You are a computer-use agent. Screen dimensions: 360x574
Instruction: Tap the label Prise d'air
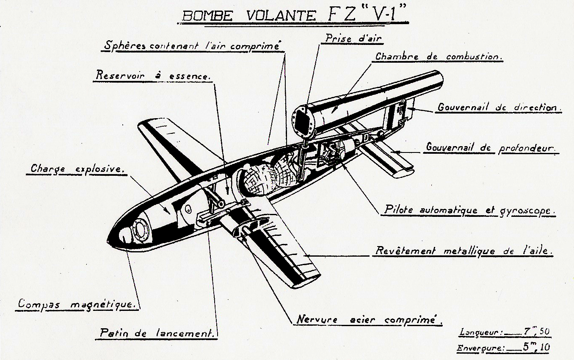click(353, 38)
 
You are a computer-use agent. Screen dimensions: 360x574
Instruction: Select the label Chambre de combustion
click(439, 57)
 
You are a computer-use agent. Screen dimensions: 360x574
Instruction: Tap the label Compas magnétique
click(77, 304)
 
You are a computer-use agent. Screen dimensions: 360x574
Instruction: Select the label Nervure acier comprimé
click(367, 319)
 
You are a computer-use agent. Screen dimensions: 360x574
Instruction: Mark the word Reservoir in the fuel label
click(120, 76)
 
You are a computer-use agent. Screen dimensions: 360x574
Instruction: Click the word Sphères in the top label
click(123, 45)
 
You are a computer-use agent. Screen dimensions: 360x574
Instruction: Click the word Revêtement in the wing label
click(405, 251)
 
